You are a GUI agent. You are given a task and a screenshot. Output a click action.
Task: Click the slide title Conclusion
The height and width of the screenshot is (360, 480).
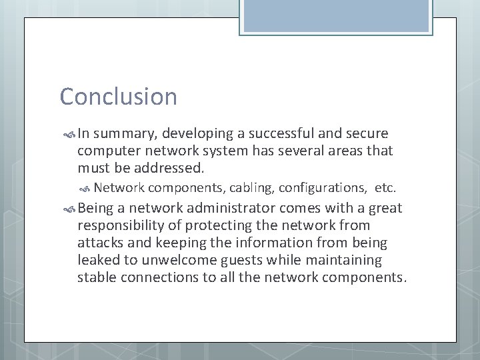coord(119,97)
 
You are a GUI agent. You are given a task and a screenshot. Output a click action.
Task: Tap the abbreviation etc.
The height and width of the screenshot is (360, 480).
coord(390,188)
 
